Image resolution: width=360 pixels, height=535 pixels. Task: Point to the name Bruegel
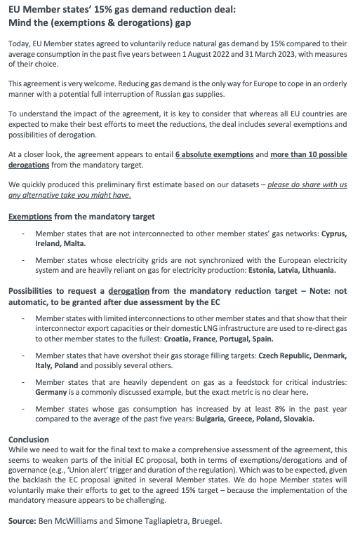(x=206, y=521)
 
